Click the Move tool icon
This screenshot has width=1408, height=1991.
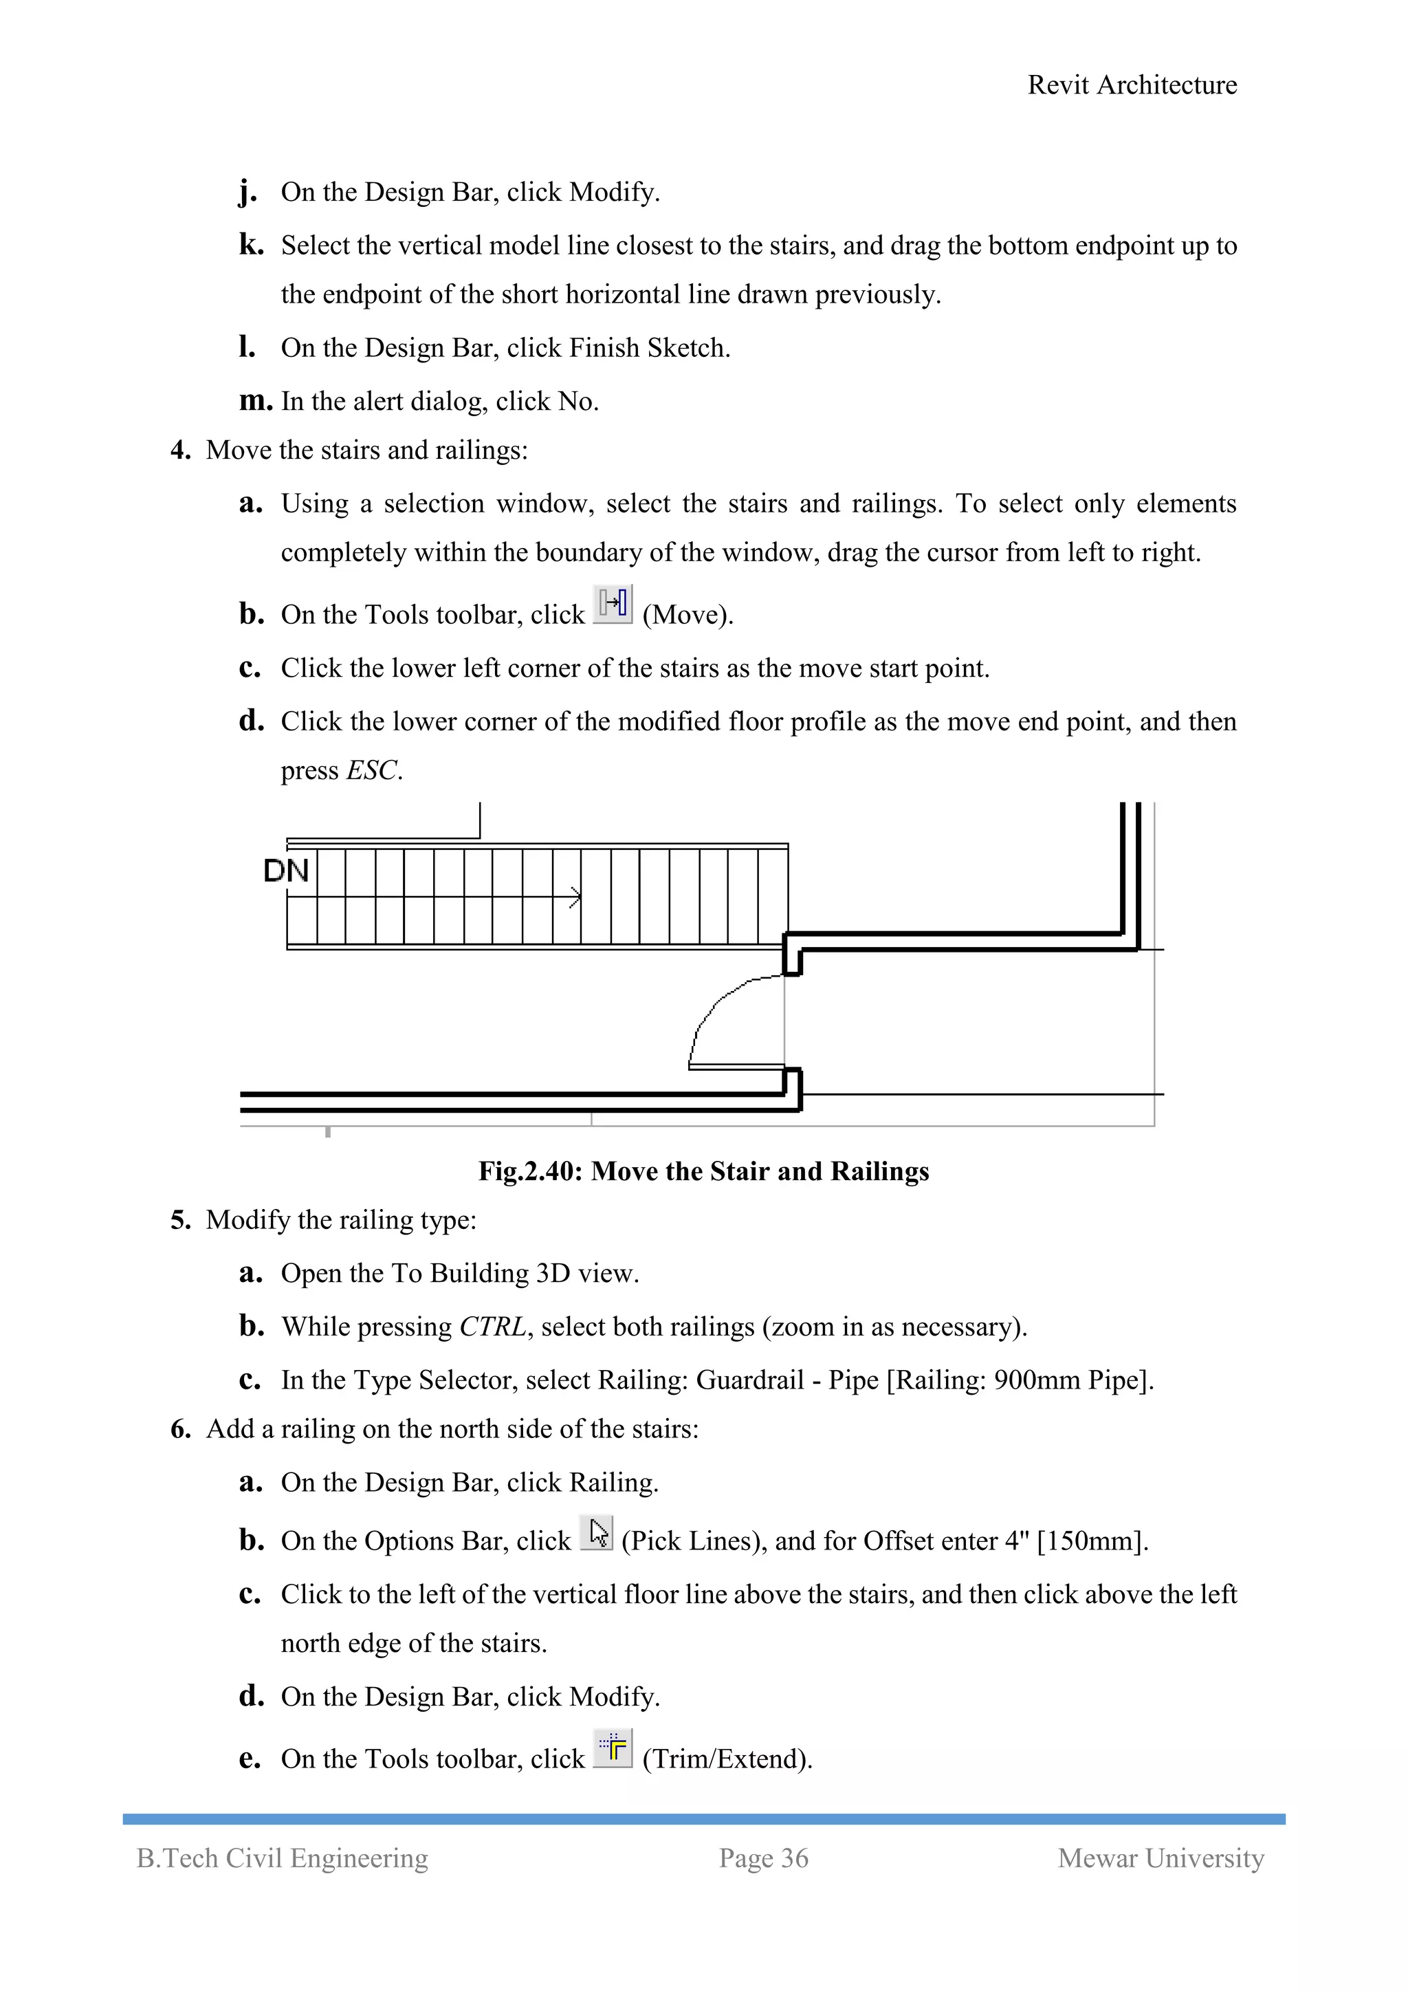click(613, 605)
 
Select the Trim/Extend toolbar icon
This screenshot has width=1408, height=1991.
click(613, 1748)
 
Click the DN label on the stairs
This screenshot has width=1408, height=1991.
click(286, 871)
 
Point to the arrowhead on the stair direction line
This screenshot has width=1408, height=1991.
click(575, 897)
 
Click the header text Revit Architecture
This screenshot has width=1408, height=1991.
click(1132, 85)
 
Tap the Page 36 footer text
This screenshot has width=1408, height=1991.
click(763, 1858)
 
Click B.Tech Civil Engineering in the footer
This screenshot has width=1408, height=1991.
click(283, 1858)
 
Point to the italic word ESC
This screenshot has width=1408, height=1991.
click(373, 770)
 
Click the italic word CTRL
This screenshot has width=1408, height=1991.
click(492, 1327)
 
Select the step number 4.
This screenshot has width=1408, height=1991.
click(179, 450)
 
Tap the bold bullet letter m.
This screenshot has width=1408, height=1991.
click(255, 401)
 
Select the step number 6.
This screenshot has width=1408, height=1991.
click(179, 1429)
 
